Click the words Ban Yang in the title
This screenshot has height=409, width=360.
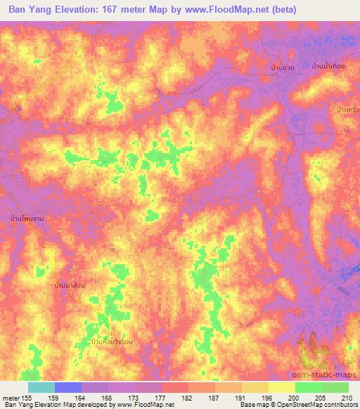tap(30, 10)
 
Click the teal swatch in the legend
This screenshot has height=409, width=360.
tap(41, 387)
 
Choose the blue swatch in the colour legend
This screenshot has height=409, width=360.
tap(68, 387)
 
